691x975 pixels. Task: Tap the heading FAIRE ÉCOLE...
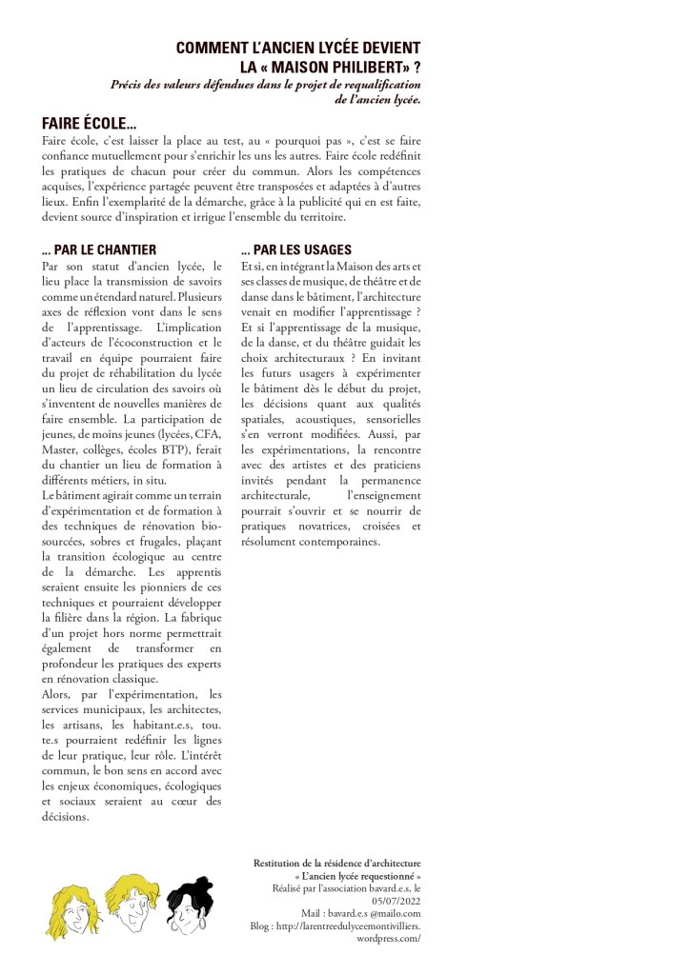(x=90, y=123)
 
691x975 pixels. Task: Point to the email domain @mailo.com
(x=393, y=911)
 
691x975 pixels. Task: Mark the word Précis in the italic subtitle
(x=128, y=84)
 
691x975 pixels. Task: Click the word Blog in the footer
(x=260, y=925)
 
